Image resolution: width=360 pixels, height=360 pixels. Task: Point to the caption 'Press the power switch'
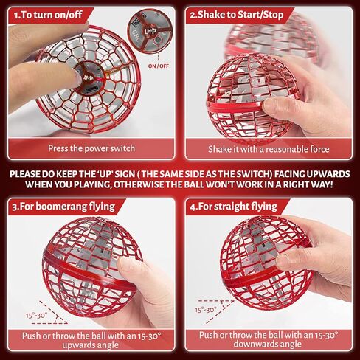click(90, 148)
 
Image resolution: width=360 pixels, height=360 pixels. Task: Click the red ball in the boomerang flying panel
click(90, 266)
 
